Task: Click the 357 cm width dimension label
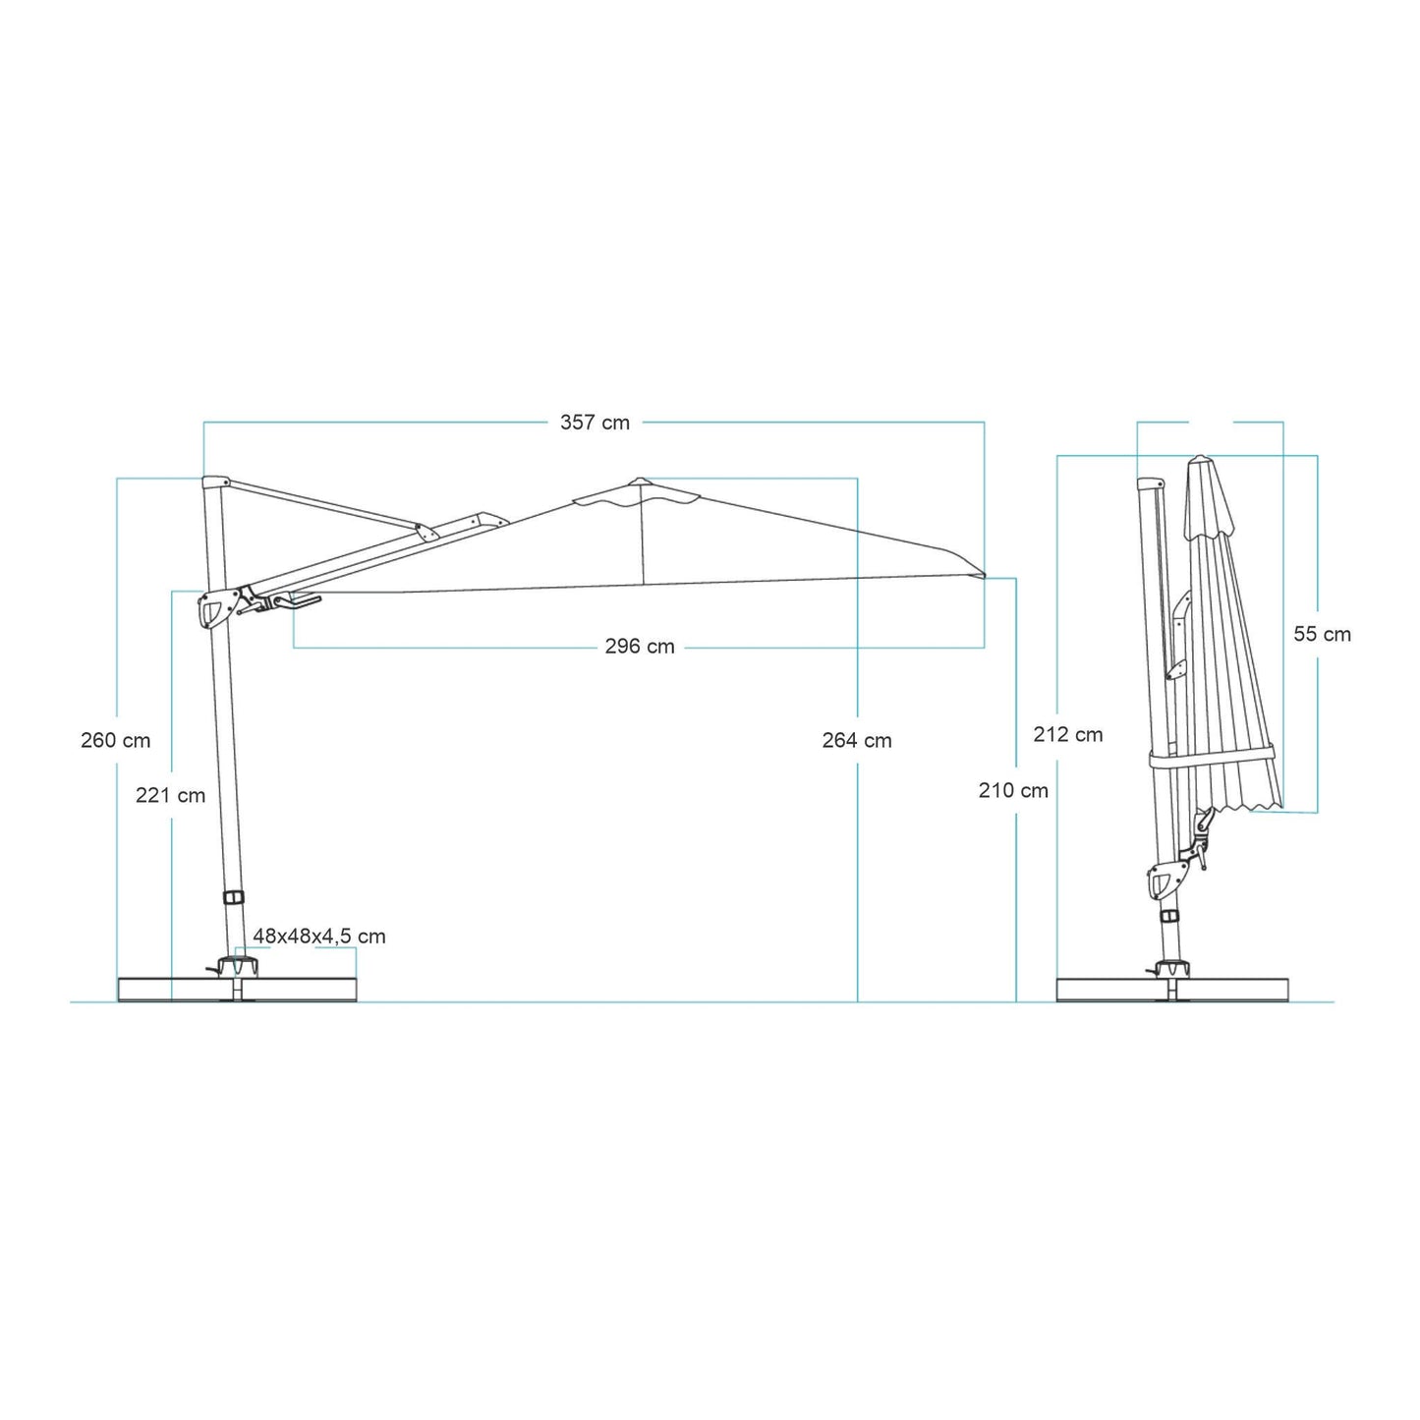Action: [x=595, y=423]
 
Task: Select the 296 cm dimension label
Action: [x=640, y=647]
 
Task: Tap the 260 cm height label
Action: [x=116, y=741]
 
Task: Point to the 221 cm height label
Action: [x=171, y=796]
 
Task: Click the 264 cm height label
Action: [x=857, y=741]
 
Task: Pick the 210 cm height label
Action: [x=1013, y=790]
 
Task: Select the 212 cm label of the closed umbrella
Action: [x=1068, y=735]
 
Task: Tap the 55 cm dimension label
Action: [x=1322, y=635]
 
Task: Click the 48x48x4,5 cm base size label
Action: [x=319, y=937]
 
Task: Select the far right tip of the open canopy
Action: [x=982, y=575]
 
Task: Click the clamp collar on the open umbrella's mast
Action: [x=234, y=898]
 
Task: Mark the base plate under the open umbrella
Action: [x=237, y=990]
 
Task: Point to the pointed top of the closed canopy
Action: [x=1199, y=460]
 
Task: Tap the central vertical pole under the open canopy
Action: [x=643, y=540]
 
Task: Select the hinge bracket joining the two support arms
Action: [x=426, y=531]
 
